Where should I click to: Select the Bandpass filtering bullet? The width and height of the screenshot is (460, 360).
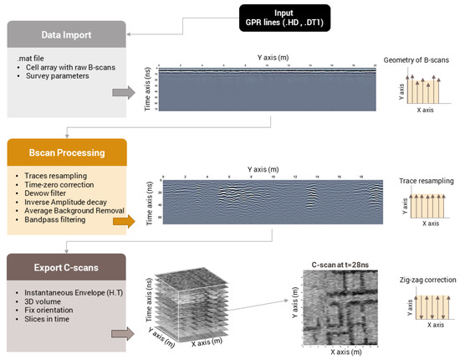click(55, 222)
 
